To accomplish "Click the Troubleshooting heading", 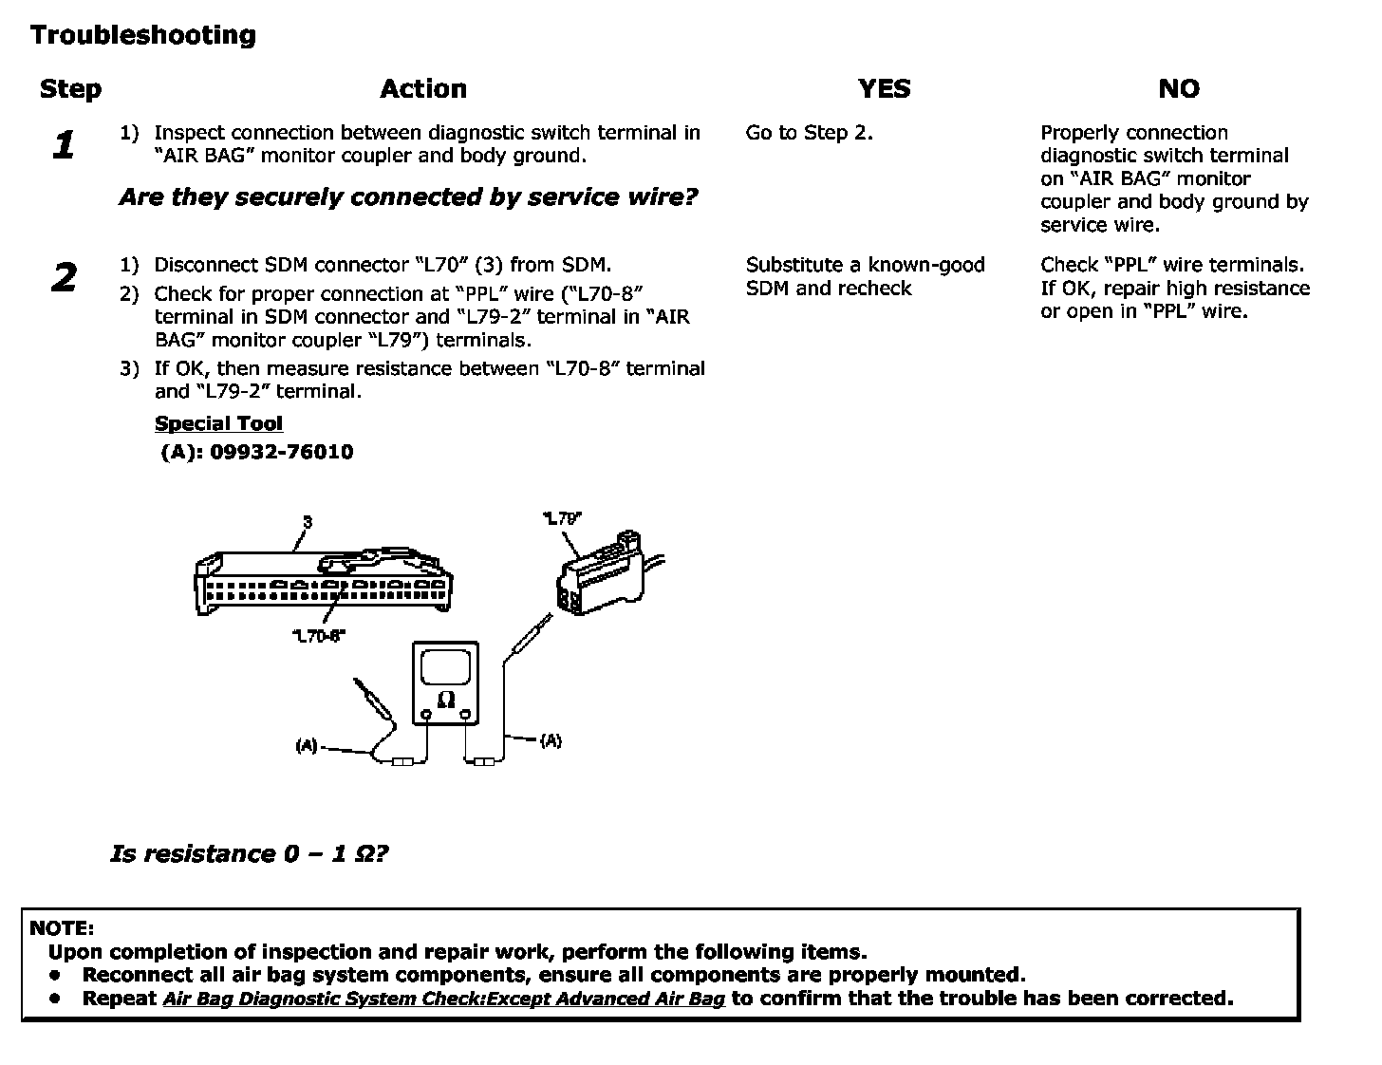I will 143,35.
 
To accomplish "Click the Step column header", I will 70,89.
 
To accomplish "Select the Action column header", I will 423,89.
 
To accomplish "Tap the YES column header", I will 884,89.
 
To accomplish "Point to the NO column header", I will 1178,89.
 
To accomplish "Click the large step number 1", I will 64,145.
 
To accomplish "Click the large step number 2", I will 64,278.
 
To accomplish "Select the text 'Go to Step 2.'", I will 809,133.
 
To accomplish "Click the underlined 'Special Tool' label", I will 218,423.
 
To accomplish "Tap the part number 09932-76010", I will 281,452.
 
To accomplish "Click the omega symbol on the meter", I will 445,701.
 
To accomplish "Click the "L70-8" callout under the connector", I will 318,637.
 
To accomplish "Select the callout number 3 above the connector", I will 307,522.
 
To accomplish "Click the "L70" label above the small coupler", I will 562,518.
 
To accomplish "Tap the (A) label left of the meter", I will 306,746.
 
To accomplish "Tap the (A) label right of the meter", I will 551,740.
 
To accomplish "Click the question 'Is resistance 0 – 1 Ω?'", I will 250,853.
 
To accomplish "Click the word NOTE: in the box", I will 63,927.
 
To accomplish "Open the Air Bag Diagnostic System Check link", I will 443,999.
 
